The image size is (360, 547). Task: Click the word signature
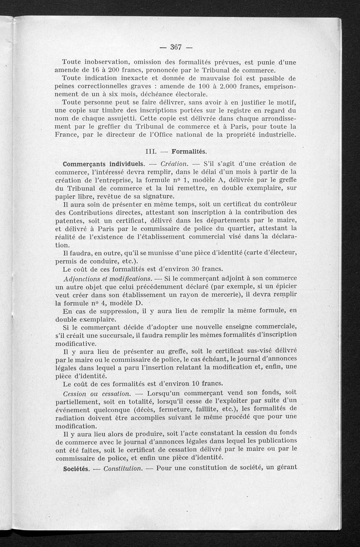[x=149, y=196]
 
